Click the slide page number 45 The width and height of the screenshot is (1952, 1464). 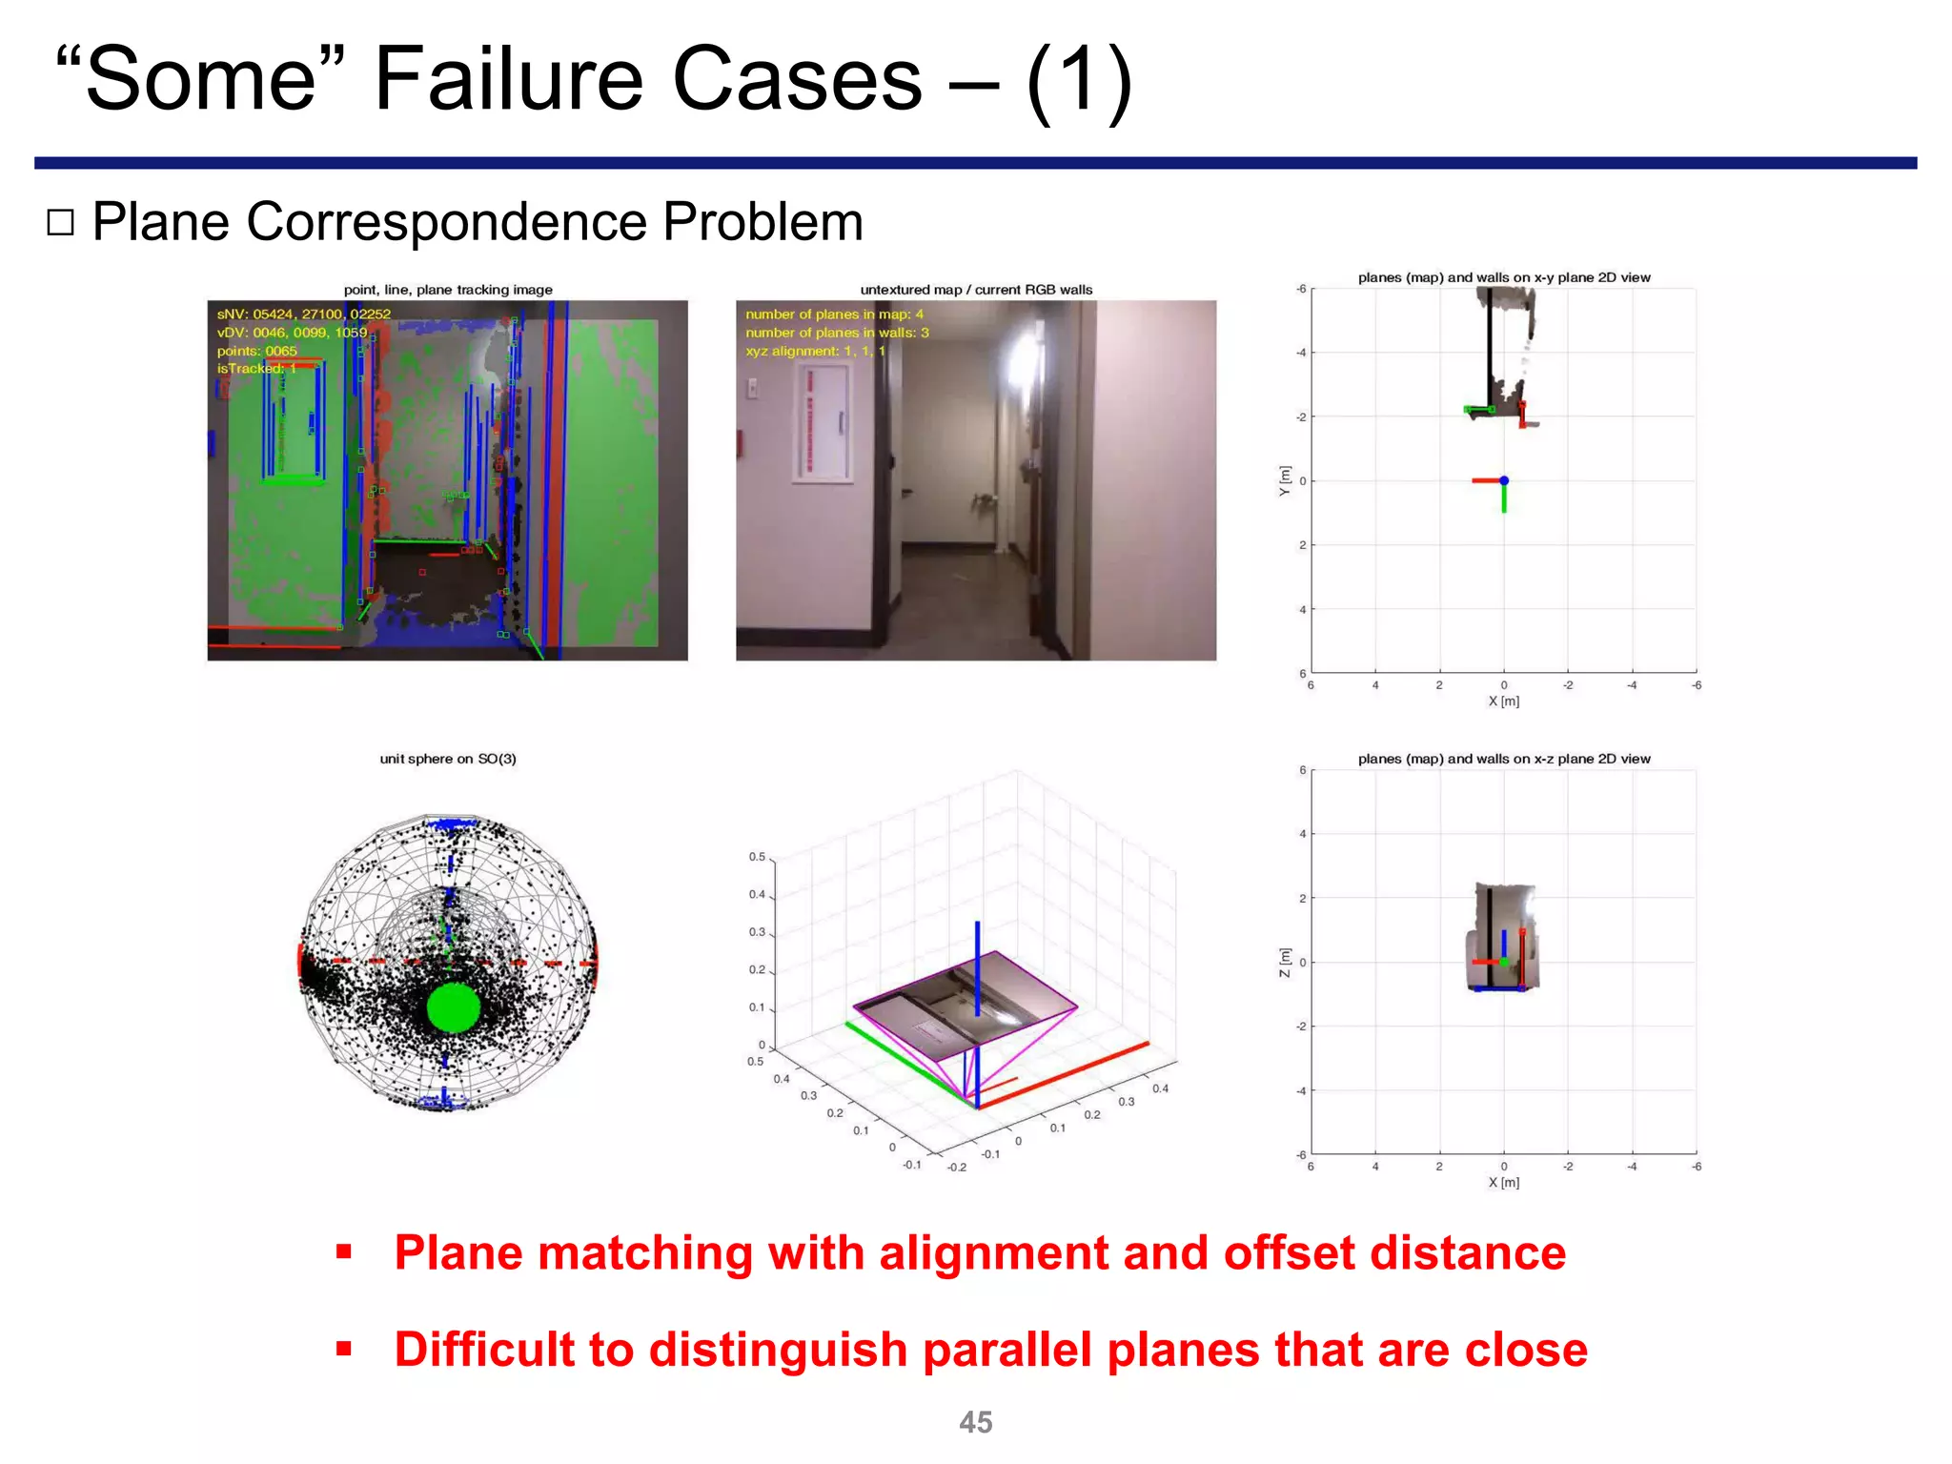pos(975,1422)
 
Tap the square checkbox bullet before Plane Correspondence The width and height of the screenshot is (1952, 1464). pos(60,222)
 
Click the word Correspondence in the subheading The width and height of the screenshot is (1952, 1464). pos(447,222)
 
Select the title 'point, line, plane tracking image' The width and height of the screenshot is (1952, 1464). pos(447,290)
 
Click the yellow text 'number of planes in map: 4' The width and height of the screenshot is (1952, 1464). pos(834,314)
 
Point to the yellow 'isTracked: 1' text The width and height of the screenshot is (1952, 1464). pos(256,368)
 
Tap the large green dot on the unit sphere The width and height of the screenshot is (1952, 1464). pos(453,1007)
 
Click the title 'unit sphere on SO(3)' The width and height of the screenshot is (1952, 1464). pos(447,759)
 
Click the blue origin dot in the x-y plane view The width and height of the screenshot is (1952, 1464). pos(1503,480)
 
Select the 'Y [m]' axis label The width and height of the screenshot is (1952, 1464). pos(1285,480)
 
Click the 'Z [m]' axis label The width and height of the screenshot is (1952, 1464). pos(1285,962)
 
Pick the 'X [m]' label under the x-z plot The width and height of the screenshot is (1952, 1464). pos(1503,1182)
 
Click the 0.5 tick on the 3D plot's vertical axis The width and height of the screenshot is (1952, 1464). pos(757,857)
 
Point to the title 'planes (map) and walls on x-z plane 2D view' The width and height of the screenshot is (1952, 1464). pos(1503,759)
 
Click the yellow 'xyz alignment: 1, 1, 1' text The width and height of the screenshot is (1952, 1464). pos(815,351)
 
